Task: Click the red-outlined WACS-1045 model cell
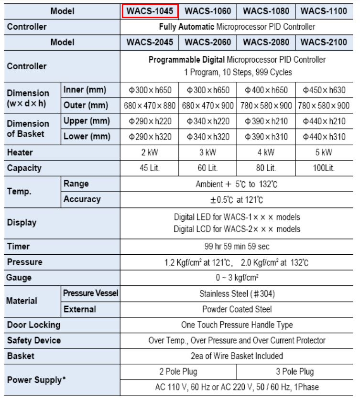[x=150, y=11]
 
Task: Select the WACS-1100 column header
[x=324, y=11]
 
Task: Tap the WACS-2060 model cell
[x=207, y=42]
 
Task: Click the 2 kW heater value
[x=150, y=152]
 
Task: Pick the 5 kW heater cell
[x=324, y=152]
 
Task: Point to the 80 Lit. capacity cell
[x=266, y=168]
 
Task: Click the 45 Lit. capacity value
[x=150, y=168]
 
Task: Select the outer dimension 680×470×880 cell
[x=150, y=106]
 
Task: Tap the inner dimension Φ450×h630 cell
[x=324, y=90]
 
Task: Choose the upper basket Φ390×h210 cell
[x=266, y=121]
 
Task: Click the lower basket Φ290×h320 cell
[x=150, y=137]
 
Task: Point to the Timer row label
[x=18, y=247]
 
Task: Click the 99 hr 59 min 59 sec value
[x=237, y=247]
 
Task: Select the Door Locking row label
[x=33, y=325]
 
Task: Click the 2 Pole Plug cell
[x=178, y=371]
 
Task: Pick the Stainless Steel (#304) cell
[x=237, y=293]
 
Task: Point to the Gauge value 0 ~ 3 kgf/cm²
[x=237, y=278]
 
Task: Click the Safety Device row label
[x=33, y=340]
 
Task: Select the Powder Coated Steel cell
[x=237, y=309]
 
